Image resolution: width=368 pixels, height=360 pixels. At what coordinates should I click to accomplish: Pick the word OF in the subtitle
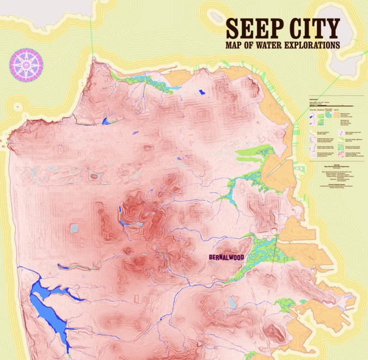click(253, 45)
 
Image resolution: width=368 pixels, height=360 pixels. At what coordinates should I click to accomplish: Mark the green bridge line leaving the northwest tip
click(92, 33)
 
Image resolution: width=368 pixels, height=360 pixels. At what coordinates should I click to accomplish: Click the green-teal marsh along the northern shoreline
click(144, 82)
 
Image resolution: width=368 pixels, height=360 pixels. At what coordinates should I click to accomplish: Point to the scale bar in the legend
click(327, 104)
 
